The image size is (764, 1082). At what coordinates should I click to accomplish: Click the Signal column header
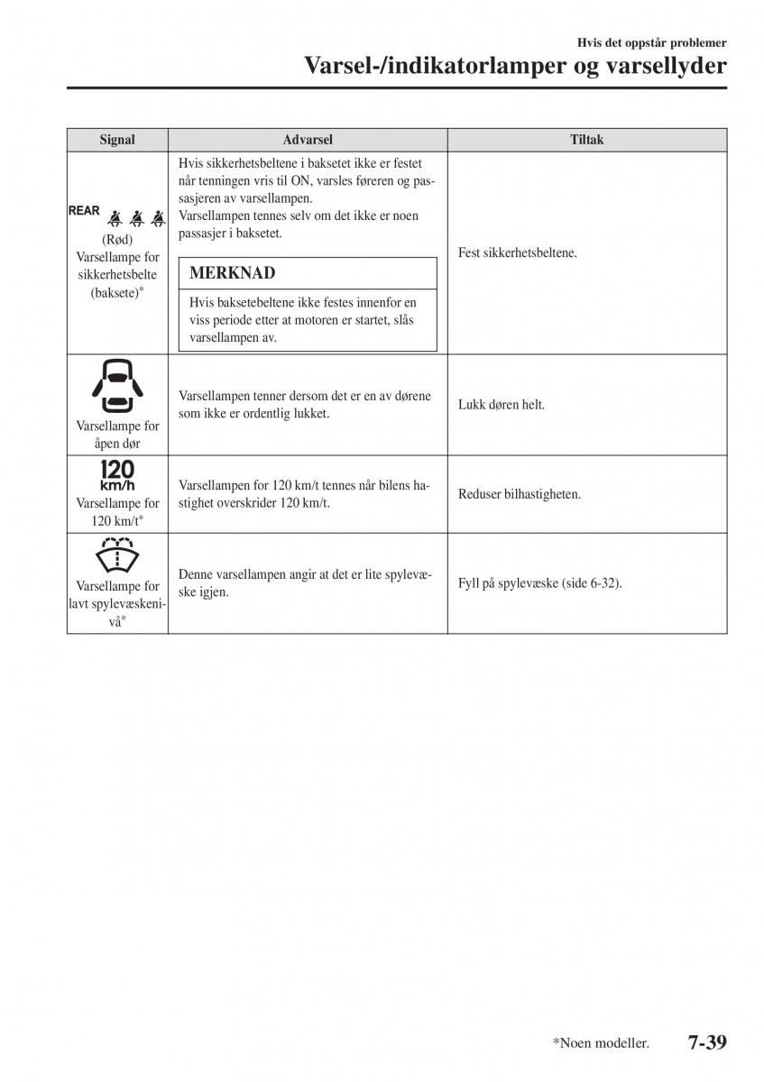click(117, 140)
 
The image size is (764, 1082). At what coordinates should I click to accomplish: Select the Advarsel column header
click(307, 140)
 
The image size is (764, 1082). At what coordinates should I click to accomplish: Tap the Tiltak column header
click(586, 140)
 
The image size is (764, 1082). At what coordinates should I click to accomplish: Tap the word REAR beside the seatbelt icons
click(84, 211)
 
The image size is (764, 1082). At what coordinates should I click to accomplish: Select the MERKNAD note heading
click(233, 272)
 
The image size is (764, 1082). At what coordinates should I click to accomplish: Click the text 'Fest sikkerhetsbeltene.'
click(517, 253)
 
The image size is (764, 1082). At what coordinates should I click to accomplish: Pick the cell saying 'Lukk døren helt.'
click(502, 405)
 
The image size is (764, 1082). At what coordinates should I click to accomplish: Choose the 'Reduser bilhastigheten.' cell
click(520, 494)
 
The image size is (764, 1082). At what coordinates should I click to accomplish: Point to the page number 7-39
click(707, 1042)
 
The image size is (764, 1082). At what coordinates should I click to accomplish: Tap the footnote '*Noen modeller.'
click(601, 1043)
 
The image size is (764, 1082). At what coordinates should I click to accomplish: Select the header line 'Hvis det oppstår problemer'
click(652, 42)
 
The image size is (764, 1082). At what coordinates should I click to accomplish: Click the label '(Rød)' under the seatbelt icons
click(117, 239)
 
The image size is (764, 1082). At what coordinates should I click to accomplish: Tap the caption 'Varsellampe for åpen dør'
click(117, 435)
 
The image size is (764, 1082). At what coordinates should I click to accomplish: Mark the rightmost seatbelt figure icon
click(158, 216)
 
